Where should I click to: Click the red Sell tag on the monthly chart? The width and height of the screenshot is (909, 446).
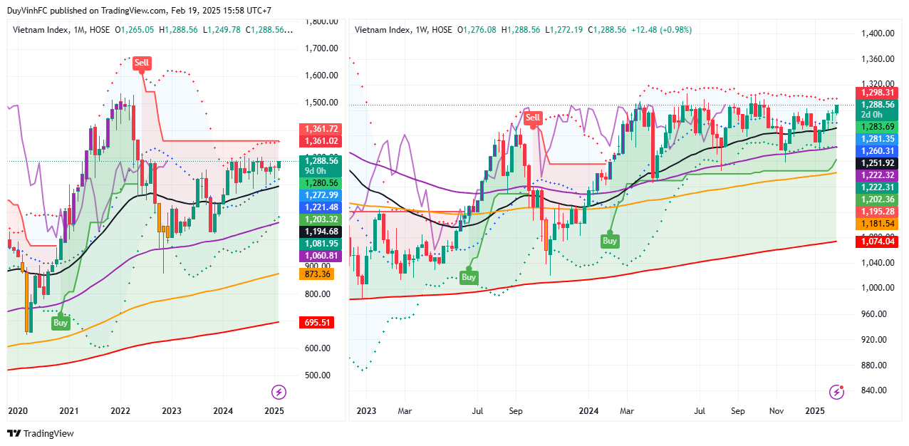click(142, 63)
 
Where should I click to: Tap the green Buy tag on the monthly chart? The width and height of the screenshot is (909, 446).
click(61, 323)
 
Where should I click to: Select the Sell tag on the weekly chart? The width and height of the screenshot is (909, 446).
click(533, 118)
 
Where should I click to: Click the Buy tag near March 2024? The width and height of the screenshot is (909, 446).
click(610, 241)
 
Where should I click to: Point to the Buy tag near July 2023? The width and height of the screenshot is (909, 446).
click(468, 277)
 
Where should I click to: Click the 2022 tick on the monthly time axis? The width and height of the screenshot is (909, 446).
click(120, 411)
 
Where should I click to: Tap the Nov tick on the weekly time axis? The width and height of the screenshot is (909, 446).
click(776, 411)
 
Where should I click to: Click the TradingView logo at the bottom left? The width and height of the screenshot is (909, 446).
click(41, 433)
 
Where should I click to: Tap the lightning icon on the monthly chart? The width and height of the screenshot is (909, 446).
click(279, 392)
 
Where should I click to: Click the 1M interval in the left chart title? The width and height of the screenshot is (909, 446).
click(80, 30)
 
